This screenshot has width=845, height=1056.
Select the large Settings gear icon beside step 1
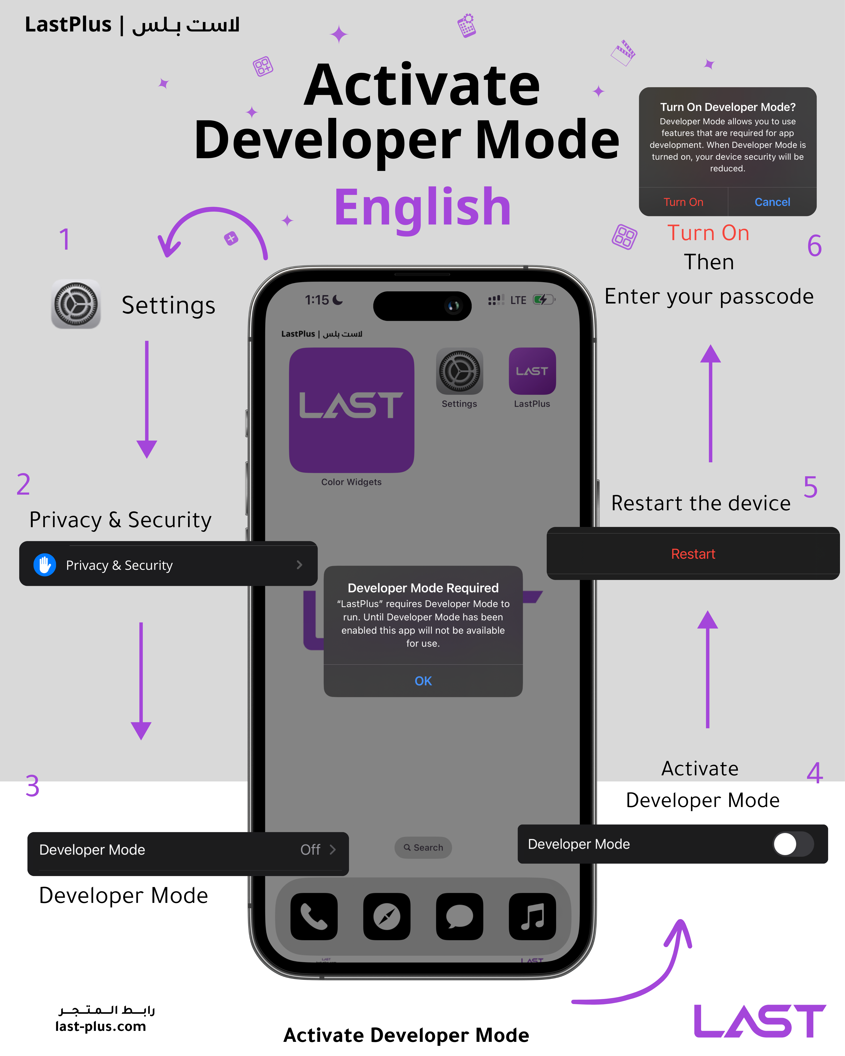click(76, 304)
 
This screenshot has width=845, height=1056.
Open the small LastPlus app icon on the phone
click(532, 371)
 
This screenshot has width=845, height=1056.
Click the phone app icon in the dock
click(314, 916)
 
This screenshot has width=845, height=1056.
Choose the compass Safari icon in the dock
click(387, 916)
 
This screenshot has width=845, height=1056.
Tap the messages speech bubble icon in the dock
click(459, 916)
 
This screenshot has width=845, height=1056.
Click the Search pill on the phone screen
click(423, 847)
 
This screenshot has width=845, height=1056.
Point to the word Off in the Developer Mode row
click(310, 849)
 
